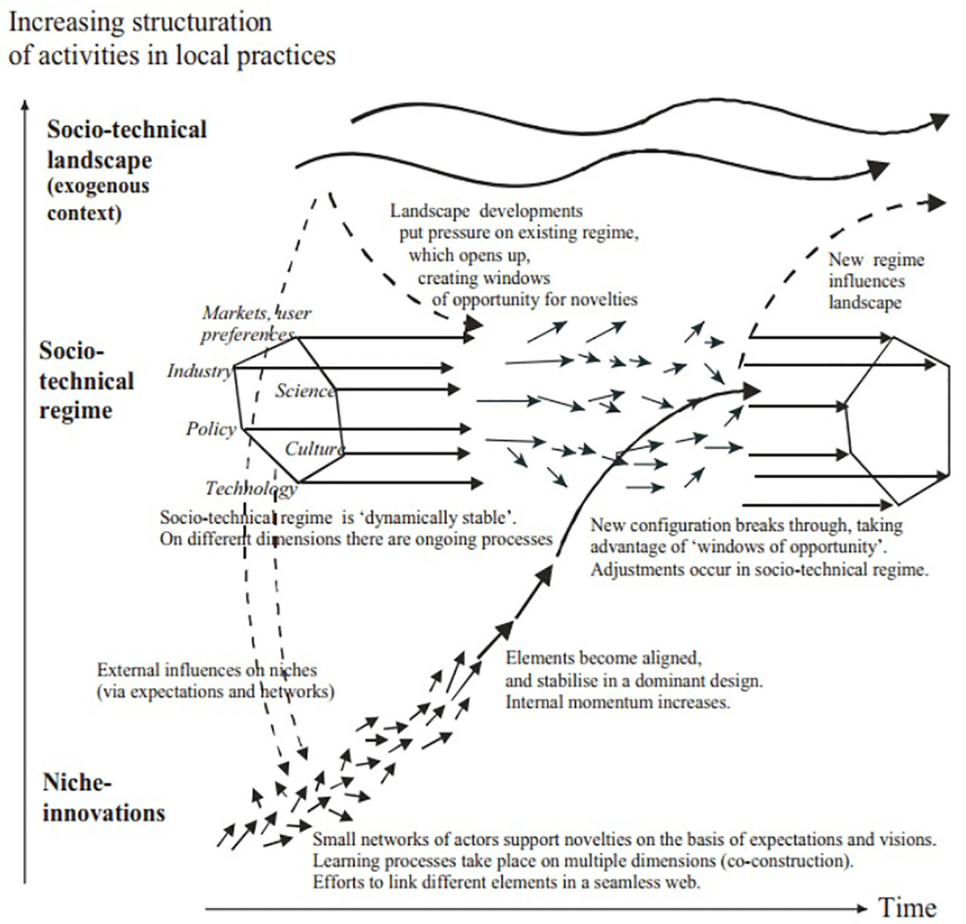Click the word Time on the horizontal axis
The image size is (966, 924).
click(907, 907)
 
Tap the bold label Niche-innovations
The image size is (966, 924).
click(103, 798)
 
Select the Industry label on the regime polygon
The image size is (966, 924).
click(199, 370)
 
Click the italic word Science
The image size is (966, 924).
click(306, 391)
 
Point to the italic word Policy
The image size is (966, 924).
click(211, 428)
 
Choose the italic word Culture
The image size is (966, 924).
click(314, 449)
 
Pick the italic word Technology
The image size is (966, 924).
click(251, 489)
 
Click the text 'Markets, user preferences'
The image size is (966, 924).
click(256, 324)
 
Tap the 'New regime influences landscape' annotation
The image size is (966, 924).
click(876, 281)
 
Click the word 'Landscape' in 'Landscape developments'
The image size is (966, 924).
click(429, 211)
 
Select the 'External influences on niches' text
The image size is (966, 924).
click(207, 670)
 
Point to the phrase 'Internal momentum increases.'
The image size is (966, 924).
click(617, 702)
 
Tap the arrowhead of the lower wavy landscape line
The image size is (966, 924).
click(878, 170)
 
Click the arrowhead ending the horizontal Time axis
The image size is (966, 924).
click(863, 909)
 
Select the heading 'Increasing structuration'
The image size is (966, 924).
click(140, 23)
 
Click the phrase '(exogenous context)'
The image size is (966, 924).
click(98, 199)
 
